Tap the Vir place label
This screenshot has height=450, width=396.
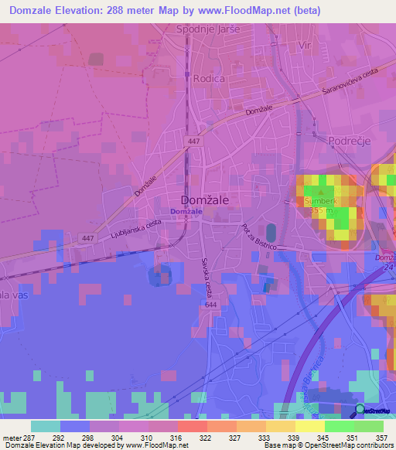click(x=306, y=46)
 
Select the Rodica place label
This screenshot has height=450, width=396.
click(x=209, y=78)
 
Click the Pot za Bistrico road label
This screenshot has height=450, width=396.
click(x=254, y=240)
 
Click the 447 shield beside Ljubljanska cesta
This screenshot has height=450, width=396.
click(x=87, y=238)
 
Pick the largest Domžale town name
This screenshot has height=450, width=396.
click(x=204, y=198)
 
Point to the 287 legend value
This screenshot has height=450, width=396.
click(x=30, y=438)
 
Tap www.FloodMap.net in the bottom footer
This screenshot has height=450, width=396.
click(x=160, y=446)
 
